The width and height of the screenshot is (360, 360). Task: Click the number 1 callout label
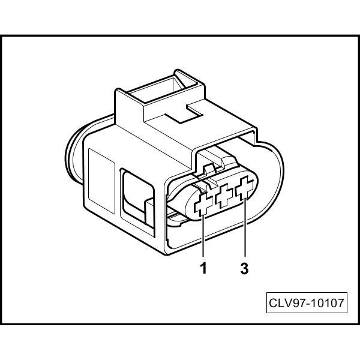pyautogui.click(x=203, y=268)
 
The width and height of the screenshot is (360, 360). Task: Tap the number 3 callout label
pyautogui.click(x=244, y=268)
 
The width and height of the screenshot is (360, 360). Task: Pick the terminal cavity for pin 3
pyautogui.click(x=245, y=190)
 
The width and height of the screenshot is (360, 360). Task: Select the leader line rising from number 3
pyautogui.click(x=245, y=231)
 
